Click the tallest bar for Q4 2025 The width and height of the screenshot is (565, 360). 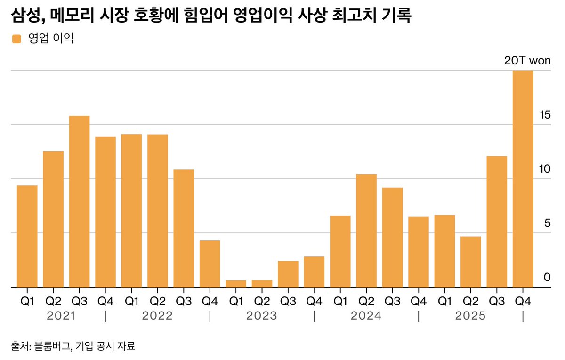523,179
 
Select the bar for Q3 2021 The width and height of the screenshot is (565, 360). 79,201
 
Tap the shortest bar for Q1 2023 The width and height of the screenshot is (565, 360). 236,283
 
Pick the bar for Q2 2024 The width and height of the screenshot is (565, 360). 366,231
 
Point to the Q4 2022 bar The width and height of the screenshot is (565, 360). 210,264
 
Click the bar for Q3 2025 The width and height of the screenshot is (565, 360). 497,221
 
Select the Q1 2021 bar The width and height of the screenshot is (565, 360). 27,236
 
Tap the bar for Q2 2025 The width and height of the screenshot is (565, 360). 471,262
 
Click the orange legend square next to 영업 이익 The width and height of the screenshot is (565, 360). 16,39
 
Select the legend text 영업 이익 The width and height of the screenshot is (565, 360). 51,39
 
